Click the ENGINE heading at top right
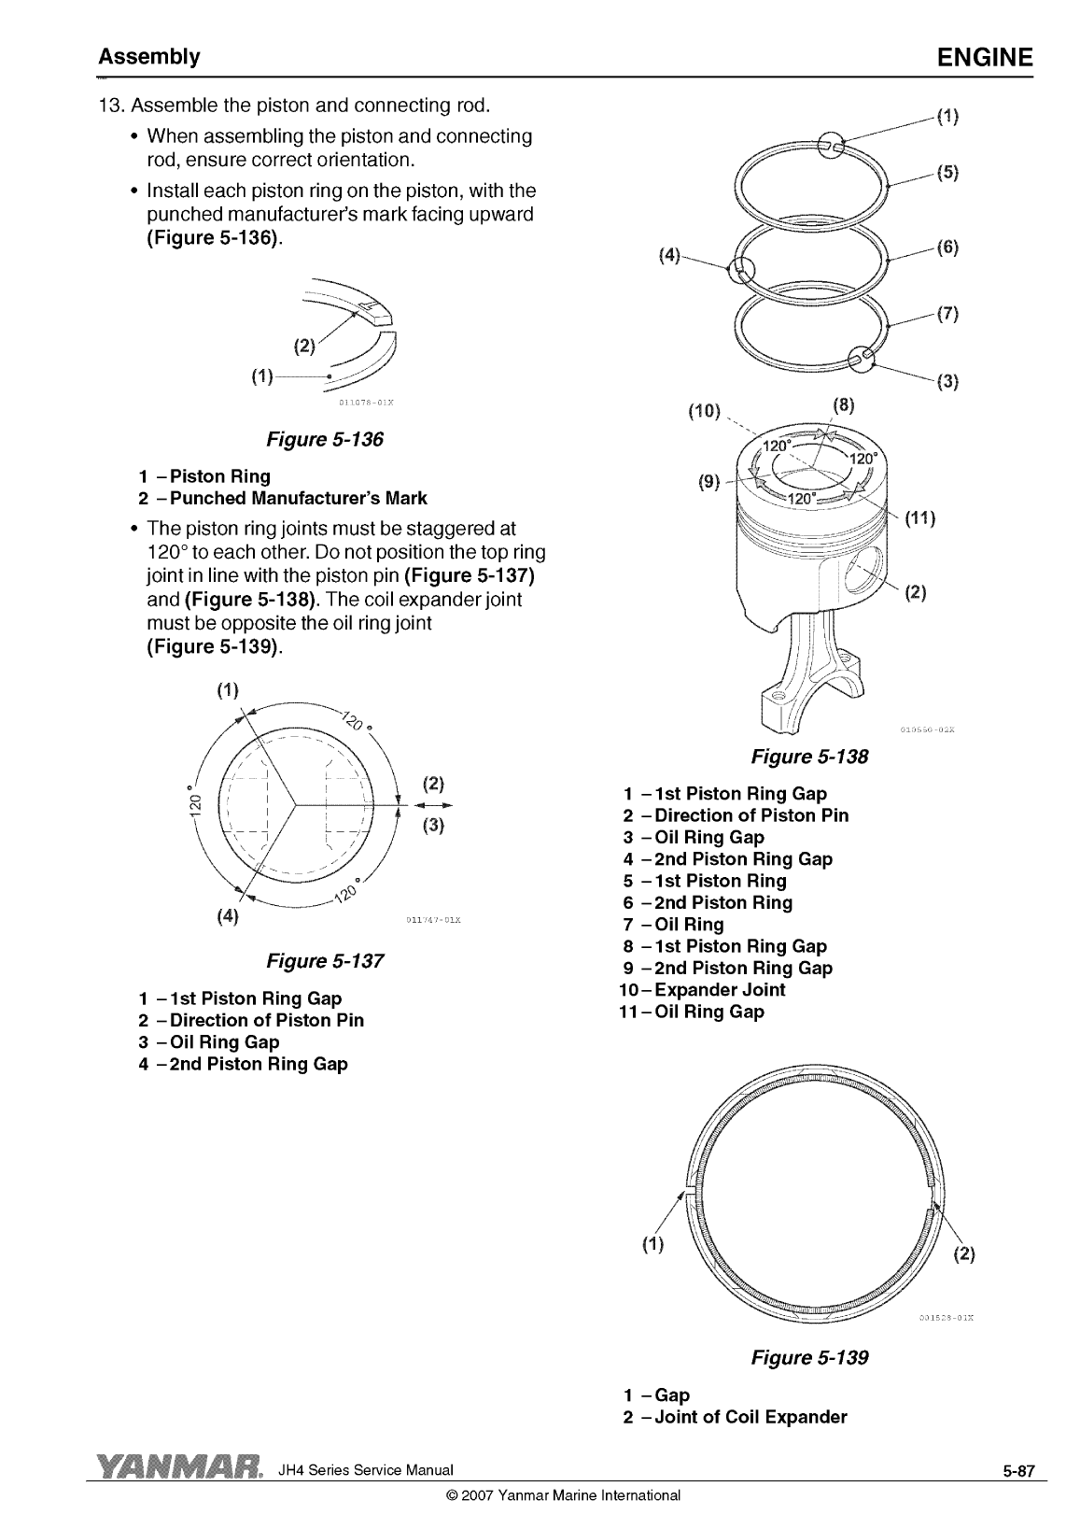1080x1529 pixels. tap(985, 57)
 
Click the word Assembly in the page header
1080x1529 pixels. tap(148, 57)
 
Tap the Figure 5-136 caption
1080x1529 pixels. tap(325, 439)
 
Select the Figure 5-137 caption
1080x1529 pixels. tap(325, 961)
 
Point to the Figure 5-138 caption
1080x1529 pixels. tap(810, 757)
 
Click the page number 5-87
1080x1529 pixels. tap(1018, 1471)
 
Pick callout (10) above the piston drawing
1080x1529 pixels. tap(704, 411)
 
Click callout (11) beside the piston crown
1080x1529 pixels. tap(920, 518)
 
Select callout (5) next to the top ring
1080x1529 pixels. tap(947, 173)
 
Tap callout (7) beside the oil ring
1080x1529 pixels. tap(947, 314)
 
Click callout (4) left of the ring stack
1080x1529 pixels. tap(669, 255)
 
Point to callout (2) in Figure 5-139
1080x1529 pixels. tap(964, 1254)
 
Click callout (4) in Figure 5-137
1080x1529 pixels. tap(228, 916)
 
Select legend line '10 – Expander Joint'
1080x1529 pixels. tap(702, 990)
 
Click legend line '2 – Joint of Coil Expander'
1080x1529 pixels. tap(735, 1417)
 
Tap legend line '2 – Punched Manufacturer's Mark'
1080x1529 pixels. tap(283, 498)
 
